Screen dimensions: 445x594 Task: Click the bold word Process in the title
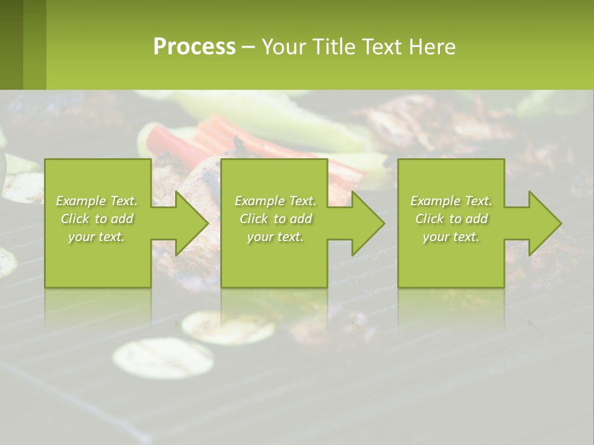pos(194,46)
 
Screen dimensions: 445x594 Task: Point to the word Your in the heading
pos(283,47)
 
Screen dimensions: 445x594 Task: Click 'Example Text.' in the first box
pos(97,201)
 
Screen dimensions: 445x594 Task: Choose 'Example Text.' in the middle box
pos(275,201)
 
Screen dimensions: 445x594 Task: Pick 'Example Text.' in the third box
pos(451,201)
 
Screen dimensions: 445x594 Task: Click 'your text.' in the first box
pos(97,237)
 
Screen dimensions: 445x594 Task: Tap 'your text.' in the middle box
pos(275,237)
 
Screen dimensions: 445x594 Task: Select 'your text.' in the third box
pos(451,237)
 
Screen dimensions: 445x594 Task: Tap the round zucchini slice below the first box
pos(163,358)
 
